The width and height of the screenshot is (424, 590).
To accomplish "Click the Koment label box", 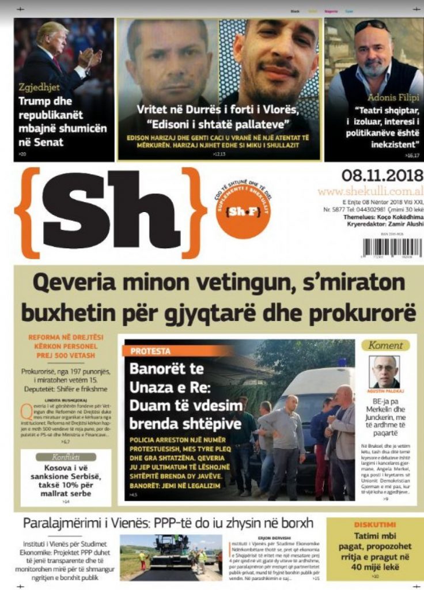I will pos(385,345).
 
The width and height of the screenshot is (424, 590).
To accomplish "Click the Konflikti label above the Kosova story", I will pos(58,457).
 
